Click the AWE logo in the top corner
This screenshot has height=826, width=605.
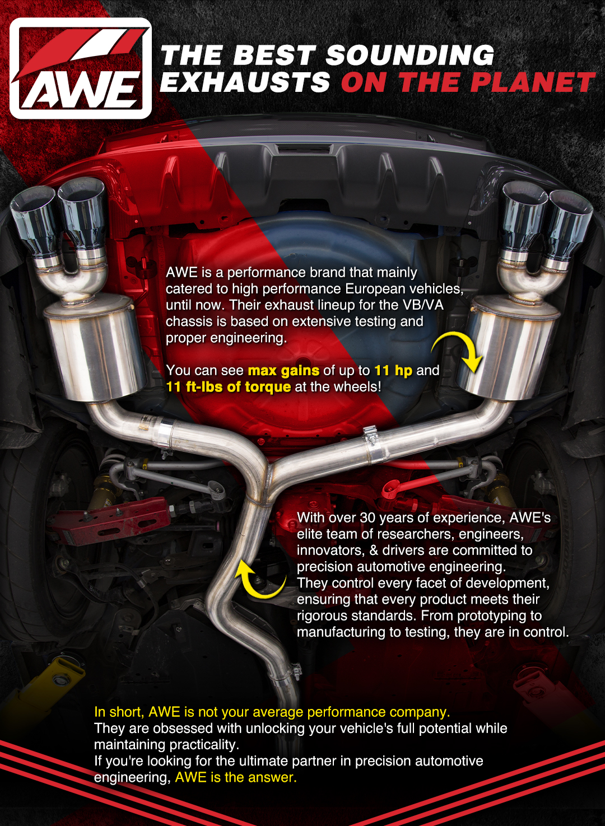(81, 68)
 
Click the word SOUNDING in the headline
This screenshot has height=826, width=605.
(409, 55)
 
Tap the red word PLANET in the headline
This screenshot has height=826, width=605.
(532, 83)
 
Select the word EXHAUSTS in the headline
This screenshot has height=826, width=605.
(245, 83)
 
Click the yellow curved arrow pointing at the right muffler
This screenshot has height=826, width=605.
(460, 350)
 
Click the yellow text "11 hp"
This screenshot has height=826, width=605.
(393, 370)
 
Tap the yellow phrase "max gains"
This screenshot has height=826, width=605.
(283, 370)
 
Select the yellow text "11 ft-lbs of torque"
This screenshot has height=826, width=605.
(228, 386)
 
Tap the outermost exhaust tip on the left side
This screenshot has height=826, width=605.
(34, 224)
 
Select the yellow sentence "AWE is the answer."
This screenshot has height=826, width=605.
(236, 777)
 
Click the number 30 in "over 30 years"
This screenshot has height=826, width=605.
(367, 517)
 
